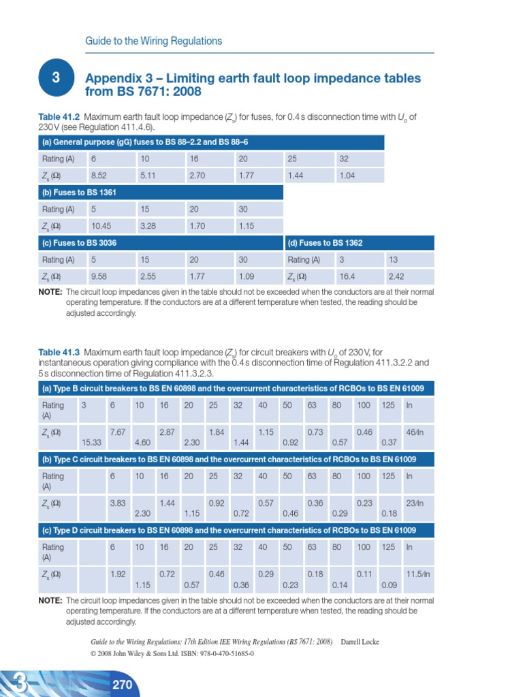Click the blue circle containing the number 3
click(56, 78)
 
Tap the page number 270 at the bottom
click(123, 684)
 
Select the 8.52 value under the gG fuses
click(99, 176)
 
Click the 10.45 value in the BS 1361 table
click(101, 226)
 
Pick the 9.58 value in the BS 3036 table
click(99, 276)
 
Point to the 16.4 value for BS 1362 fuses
click(347, 276)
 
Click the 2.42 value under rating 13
click(396, 276)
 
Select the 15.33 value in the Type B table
click(92, 442)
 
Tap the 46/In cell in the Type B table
click(415, 432)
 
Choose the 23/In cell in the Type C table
click(415, 503)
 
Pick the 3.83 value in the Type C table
click(118, 503)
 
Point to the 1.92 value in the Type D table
click(118, 574)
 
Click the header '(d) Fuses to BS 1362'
click(325, 243)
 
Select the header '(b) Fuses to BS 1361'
click(79, 193)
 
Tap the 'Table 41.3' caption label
click(59, 352)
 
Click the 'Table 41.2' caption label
click(59, 117)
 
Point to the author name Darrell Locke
click(360, 642)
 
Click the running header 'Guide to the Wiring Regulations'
click(153, 41)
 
